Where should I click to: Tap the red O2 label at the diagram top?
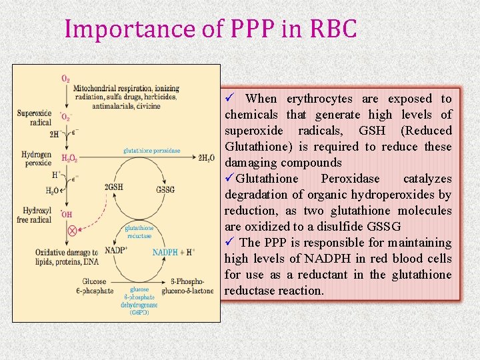click(65, 79)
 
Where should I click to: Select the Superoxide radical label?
click(34, 117)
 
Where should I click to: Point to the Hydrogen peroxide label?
click(36, 159)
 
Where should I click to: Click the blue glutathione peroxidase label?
click(151, 151)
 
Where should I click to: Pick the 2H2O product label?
click(207, 158)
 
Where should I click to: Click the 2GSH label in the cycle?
click(114, 188)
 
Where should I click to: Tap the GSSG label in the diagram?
click(165, 189)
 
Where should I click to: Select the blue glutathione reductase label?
click(139, 232)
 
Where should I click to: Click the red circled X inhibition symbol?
click(73, 231)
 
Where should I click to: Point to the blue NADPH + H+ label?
click(173, 253)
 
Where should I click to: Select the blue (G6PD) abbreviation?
click(139, 312)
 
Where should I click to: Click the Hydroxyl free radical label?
click(34, 215)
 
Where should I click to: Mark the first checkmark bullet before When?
click(229, 99)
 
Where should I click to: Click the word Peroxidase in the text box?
click(351, 179)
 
